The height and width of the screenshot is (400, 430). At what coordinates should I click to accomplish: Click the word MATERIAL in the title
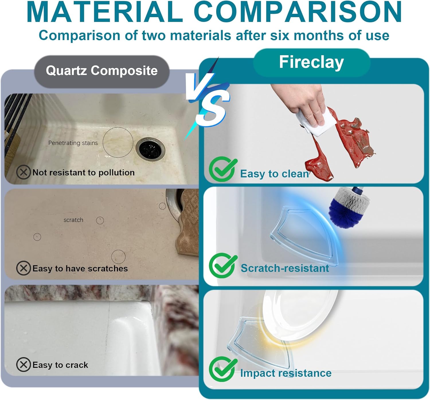tap(105, 12)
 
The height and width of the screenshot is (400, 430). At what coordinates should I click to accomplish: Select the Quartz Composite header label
tap(102, 71)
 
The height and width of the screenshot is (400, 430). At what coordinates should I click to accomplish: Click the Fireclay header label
tap(311, 62)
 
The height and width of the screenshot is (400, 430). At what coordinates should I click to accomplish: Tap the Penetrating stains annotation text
tap(73, 143)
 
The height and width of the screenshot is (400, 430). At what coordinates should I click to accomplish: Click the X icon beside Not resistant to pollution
tap(24, 172)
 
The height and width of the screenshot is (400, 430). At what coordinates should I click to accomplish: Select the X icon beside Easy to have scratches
tap(24, 268)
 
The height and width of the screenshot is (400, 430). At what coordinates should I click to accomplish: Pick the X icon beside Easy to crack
tap(24, 364)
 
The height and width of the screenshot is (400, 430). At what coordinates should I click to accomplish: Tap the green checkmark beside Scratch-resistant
tap(222, 266)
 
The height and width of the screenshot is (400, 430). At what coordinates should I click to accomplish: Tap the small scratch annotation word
tap(73, 220)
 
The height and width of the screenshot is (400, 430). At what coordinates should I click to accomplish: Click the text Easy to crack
tap(60, 365)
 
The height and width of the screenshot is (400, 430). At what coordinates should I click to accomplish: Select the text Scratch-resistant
tap(285, 268)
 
